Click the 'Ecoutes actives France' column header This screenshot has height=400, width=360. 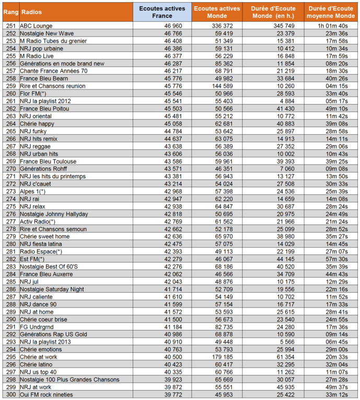[x=162, y=12]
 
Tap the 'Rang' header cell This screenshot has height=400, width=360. [x=10, y=12]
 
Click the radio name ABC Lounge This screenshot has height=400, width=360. [x=36, y=25]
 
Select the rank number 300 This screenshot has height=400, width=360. [x=10, y=394]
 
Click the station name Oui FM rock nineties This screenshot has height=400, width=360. [x=47, y=394]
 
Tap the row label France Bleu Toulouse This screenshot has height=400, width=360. [x=48, y=161]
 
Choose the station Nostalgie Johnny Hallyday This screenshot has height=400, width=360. [x=54, y=214]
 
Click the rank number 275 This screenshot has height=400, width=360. [x=10, y=207]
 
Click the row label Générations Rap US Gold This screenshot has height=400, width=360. [x=53, y=334]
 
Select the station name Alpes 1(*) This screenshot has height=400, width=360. [x=33, y=191]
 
